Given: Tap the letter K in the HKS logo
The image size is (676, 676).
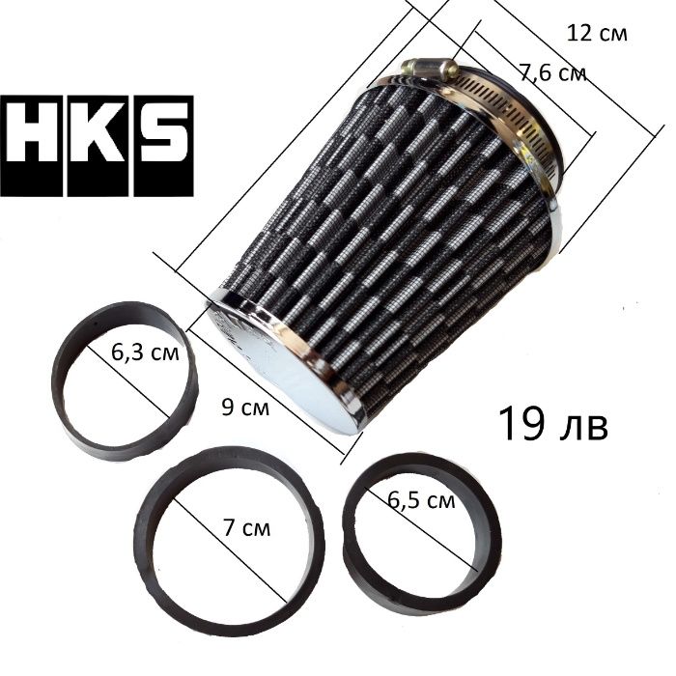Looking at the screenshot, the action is (x=98, y=146).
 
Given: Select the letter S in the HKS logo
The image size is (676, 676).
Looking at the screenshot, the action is (x=163, y=146).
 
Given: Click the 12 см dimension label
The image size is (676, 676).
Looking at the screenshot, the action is (x=597, y=34).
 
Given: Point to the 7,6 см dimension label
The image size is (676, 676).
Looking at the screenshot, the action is (x=552, y=74).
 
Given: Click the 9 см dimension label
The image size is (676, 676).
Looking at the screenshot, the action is (x=245, y=407).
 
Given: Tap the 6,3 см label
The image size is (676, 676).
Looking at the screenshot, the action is (x=145, y=352).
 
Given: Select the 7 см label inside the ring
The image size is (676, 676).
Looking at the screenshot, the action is (x=247, y=527).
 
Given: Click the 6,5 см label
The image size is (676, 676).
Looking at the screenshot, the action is (x=421, y=500).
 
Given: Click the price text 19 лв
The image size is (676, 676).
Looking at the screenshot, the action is (x=553, y=424).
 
